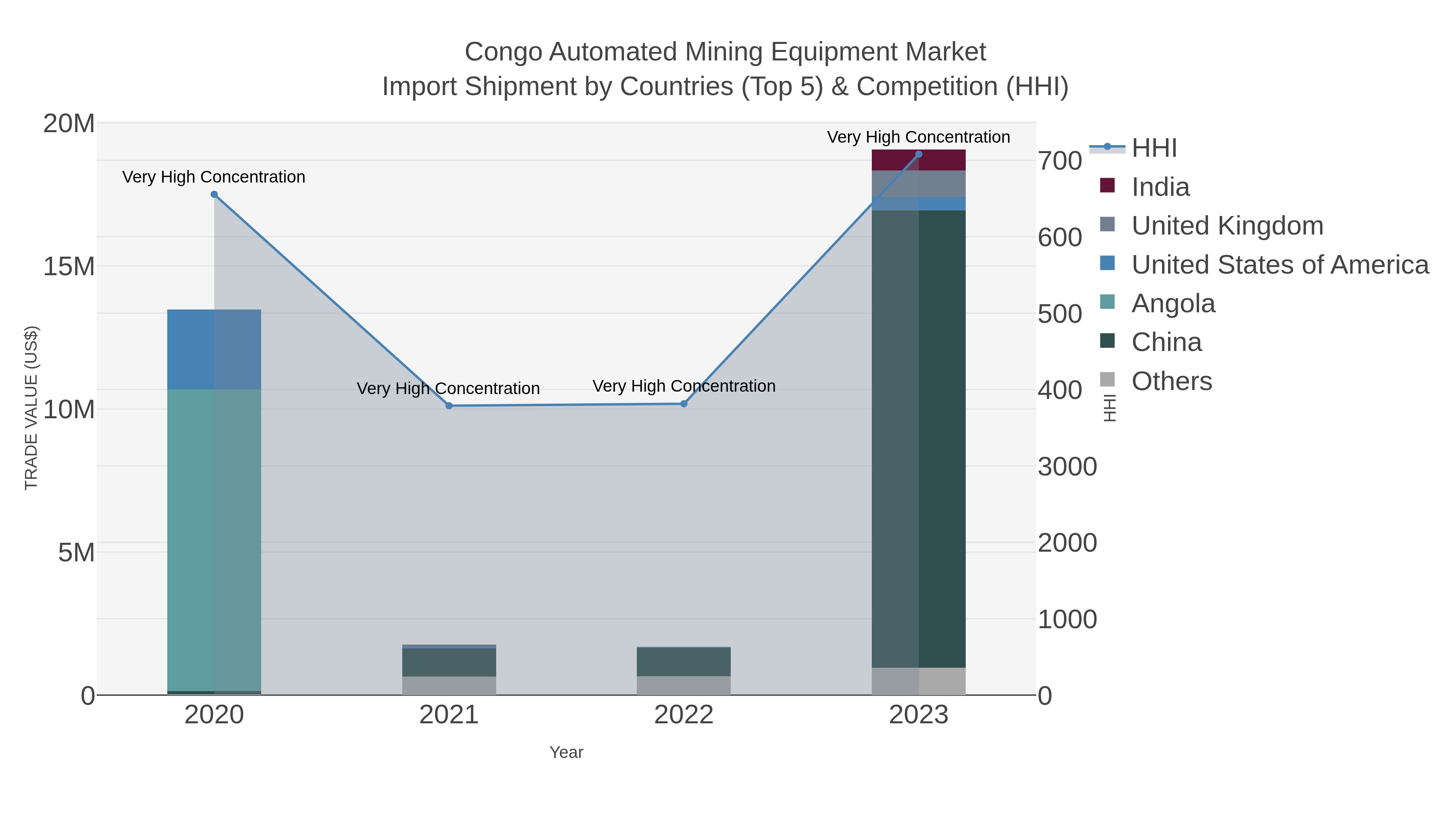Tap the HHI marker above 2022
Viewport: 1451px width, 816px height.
pyautogui.click(x=684, y=404)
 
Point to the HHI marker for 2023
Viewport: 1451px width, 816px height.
pyautogui.click(x=919, y=154)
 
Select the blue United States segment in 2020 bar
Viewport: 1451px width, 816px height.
pyautogui.click(x=214, y=349)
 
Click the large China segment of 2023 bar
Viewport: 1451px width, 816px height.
pyautogui.click(x=919, y=439)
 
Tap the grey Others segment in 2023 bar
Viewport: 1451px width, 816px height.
pyautogui.click(x=919, y=681)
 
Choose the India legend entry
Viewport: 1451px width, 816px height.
pyautogui.click(x=1160, y=187)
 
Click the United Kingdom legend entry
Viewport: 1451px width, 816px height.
pyautogui.click(x=1227, y=226)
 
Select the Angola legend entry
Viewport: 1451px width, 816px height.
pyautogui.click(x=1173, y=303)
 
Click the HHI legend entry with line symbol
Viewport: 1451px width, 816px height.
pyautogui.click(x=1154, y=148)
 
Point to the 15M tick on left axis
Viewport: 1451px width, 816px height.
pyautogui.click(x=69, y=266)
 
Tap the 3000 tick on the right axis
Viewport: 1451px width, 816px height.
pyautogui.click(x=1067, y=467)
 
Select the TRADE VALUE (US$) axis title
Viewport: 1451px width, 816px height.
pyautogui.click(x=31, y=408)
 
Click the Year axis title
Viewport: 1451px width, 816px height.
pyautogui.click(x=566, y=752)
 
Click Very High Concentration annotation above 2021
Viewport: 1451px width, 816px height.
pyautogui.click(x=448, y=388)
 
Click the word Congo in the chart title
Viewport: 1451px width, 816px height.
pyautogui.click(x=503, y=52)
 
